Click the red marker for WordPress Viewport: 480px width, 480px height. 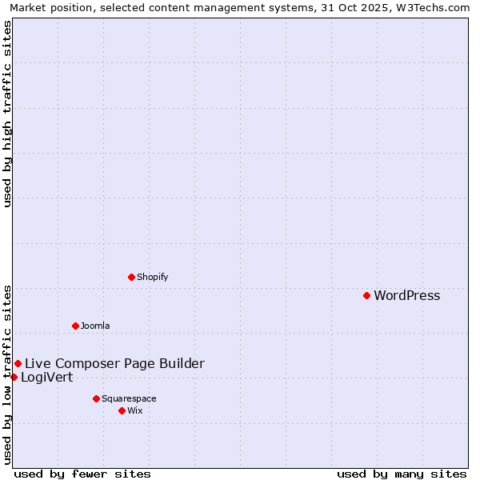366,295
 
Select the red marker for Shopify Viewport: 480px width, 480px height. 131,277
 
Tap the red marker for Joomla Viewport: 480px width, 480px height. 75,326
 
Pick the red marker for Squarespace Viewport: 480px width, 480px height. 96,398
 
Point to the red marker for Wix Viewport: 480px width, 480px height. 122,410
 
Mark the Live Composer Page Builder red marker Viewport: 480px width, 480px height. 18,363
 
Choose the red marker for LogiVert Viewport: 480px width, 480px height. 14,377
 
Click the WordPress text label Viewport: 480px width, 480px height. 406,296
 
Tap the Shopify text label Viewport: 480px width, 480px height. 152,277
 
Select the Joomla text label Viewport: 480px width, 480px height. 95,326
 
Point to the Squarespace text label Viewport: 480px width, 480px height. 129,398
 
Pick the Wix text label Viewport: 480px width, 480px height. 135,410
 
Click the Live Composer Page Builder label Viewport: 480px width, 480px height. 114,364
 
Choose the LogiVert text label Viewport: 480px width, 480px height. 46,378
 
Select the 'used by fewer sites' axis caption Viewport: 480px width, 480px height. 82,474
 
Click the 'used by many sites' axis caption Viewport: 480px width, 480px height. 402,474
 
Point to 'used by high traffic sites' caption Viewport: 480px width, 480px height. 7,114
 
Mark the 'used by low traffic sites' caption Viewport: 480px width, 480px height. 7,374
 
